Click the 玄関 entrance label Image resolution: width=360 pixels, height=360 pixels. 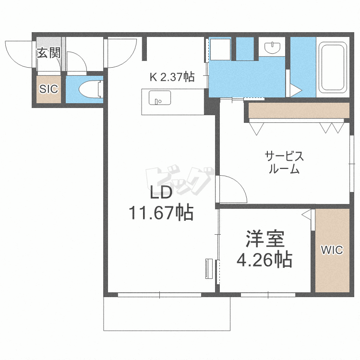point(48,53)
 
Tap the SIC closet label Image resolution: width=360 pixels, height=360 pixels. point(48,89)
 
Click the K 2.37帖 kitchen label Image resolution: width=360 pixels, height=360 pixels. point(172,77)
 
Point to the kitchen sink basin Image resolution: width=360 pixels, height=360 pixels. point(159,97)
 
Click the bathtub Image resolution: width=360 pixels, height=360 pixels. point(333,67)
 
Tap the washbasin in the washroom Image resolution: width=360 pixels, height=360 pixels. point(272,48)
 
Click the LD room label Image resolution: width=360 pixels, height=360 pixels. point(161,192)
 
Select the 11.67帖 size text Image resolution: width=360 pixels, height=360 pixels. point(161,213)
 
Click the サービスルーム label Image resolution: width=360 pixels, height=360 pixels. point(284,163)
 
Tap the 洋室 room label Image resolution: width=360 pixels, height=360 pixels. point(265,238)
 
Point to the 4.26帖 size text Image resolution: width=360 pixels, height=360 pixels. point(264,260)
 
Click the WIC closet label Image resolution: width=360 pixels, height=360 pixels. point(332,250)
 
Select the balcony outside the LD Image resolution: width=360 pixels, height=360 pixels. point(167,313)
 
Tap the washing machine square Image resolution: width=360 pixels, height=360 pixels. point(220,49)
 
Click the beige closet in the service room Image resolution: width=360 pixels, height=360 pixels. point(299,110)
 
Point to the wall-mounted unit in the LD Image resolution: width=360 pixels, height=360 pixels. point(209,269)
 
